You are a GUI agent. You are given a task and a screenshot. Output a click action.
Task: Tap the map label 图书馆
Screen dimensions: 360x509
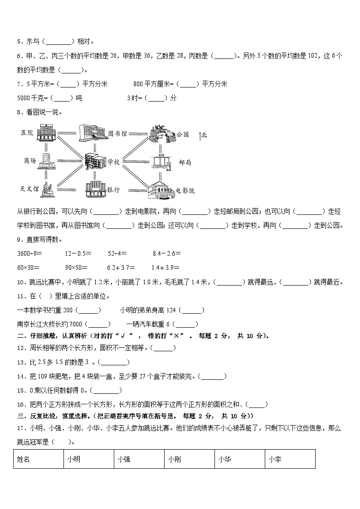coord(117,134)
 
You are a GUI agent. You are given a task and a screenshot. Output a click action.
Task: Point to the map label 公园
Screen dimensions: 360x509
coord(182,134)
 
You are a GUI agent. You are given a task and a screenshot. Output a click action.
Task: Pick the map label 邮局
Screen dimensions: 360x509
coord(185,162)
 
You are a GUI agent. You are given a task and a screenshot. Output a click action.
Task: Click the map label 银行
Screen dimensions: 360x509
coord(113,190)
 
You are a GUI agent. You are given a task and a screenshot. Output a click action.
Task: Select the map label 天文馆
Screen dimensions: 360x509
coord(29,188)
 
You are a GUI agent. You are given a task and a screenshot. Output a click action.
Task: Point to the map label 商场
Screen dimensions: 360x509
coord(29,160)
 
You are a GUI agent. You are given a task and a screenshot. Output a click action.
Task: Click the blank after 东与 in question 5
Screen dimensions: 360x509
coord(59,42)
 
